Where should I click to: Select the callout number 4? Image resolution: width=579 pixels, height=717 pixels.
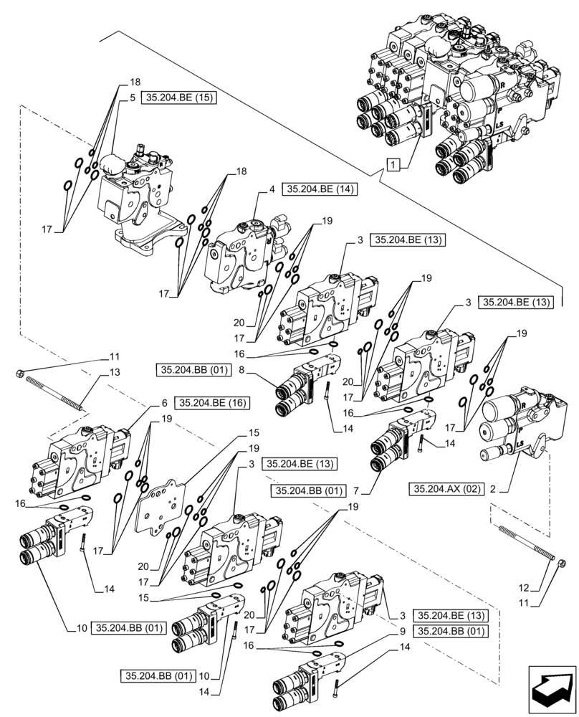tap(273, 189)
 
